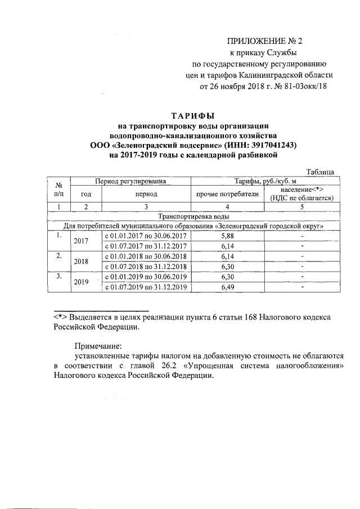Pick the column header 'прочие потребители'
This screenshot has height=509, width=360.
[x=227, y=194]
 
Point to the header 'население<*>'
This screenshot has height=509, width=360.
[x=302, y=190]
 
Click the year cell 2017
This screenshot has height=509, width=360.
[x=82, y=241]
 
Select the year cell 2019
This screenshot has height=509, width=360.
[x=82, y=282]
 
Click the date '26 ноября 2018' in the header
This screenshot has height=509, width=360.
[x=236, y=87]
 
